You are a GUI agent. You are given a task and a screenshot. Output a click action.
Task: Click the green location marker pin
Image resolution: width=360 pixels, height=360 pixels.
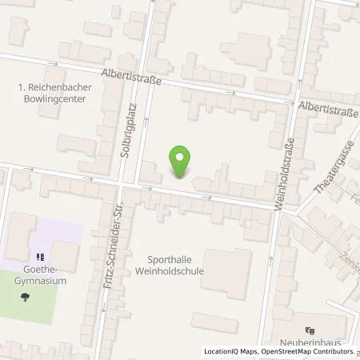coord(181,162)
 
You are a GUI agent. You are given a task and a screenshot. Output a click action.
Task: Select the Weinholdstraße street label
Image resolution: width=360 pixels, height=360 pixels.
coord(290,174)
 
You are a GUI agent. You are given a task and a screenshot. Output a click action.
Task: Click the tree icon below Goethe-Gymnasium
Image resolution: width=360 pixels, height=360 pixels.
coord(27,297)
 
